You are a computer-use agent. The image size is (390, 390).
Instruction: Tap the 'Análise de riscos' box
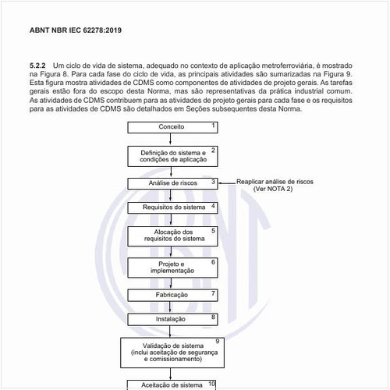[172, 183]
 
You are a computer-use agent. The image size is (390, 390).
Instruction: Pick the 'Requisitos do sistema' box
[172, 207]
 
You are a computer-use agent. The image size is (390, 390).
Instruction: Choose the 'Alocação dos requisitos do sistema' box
[172, 236]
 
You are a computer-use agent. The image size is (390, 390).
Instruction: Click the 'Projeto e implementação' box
[172, 268]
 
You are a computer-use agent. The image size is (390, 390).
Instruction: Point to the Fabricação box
[172, 296]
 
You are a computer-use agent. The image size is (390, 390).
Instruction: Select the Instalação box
[172, 319]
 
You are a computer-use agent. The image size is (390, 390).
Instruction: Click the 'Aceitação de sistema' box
[172, 385]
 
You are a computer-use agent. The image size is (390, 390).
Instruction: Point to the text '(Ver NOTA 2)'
[277, 190]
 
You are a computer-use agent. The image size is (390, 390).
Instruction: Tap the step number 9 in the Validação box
[218, 342]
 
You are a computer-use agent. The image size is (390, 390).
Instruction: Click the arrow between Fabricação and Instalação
[172, 307]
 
